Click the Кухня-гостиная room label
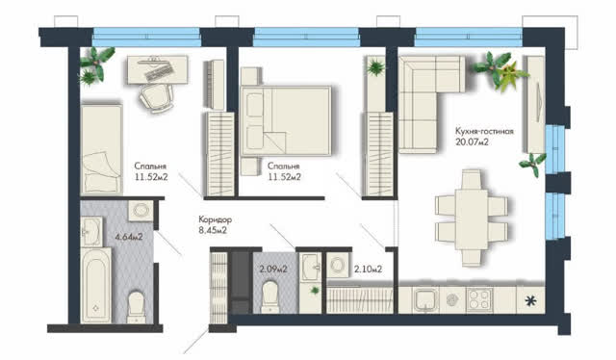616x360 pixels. pyautogui.click(x=484, y=131)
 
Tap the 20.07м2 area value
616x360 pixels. pyautogui.click(x=472, y=141)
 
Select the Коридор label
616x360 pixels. pyautogui.click(x=215, y=219)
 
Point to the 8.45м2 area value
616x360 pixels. pyautogui.click(x=213, y=230)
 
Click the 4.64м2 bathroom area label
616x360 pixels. pyautogui.click(x=128, y=237)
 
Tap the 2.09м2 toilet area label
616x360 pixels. pyautogui.click(x=273, y=270)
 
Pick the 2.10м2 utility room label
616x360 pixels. pyautogui.click(x=368, y=270)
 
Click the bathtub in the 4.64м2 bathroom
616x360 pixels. pyautogui.click(x=96, y=285)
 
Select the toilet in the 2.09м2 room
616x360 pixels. pyautogui.click(x=270, y=296)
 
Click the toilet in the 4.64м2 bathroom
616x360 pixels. pyautogui.click(x=137, y=307)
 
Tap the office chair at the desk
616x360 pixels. pyautogui.click(x=156, y=97)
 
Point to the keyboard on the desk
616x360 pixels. pyautogui.click(x=160, y=72)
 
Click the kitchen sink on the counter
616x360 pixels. pyautogui.click(x=425, y=300)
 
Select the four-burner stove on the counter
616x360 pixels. pyautogui.click(x=479, y=300)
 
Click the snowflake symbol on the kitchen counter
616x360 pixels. pyautogui.click(x=530, y=301)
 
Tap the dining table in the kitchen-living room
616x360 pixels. pyautogui.click(x=472, y=219)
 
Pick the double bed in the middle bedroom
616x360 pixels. pyautogui.click(x=286, y=121)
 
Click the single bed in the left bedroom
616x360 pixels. pyautogui.click(x=101, y=149)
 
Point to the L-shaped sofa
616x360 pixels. pyautogui.click(x=431, y=104)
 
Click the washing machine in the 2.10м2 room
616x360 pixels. pyautogui.click(x=338, y=266)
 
